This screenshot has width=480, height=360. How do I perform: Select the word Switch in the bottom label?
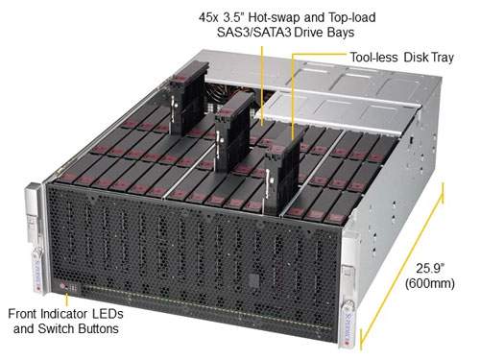click(45, 329)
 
